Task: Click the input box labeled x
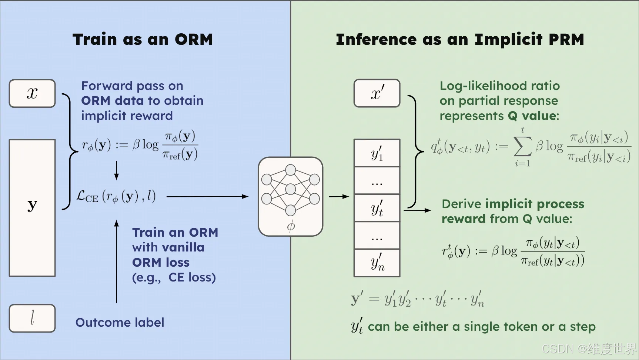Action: click(32, 93)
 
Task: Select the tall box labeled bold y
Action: click(32, 207)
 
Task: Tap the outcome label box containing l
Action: click(32, 318)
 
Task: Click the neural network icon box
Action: click(291, 196)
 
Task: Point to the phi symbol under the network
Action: click(291, 226)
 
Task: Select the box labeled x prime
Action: click(377, 93)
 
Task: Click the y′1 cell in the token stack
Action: click(377, 153)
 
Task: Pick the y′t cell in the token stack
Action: click(377, 208)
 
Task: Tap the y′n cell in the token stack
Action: click(377, 263)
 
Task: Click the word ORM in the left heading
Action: click(194, 40)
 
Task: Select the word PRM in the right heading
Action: click(566, 40)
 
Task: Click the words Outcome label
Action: click(120, 323)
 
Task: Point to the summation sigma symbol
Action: click(522, 147)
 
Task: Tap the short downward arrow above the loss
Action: click(117, 170)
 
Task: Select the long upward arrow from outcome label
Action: click(117, 261)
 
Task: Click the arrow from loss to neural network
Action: click(207, 197)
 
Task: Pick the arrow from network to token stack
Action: click(339, 197)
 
